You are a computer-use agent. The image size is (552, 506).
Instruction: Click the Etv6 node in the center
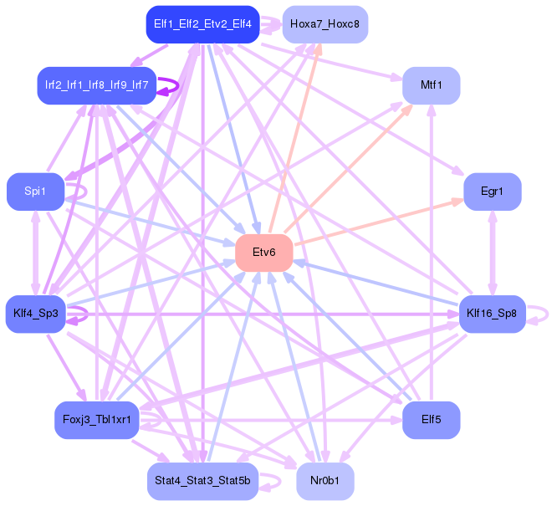coord(263,253)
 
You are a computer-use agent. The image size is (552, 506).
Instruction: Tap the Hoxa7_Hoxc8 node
coord(325,24)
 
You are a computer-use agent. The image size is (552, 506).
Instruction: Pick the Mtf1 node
coord(432,85)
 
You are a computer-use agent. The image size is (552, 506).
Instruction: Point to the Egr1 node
coord(493,192)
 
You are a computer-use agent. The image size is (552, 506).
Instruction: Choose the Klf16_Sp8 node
coord(492,314)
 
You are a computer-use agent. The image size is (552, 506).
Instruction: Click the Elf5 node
coord(432,420)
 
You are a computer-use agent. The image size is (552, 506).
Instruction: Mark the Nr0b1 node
coord(325,482)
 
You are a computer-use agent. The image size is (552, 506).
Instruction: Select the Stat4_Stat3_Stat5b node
coord(202,482)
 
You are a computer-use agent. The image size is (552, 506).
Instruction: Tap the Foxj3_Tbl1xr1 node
coord(97,420)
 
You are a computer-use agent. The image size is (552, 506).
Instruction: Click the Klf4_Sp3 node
coord(36,314)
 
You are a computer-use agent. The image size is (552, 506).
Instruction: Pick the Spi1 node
coord(36,192)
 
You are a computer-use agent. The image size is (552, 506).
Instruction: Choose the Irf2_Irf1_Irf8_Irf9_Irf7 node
coord(97,85)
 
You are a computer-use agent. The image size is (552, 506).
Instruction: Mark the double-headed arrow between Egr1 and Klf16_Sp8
coord(493,253)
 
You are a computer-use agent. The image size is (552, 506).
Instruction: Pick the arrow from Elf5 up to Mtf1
coord(432,251)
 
